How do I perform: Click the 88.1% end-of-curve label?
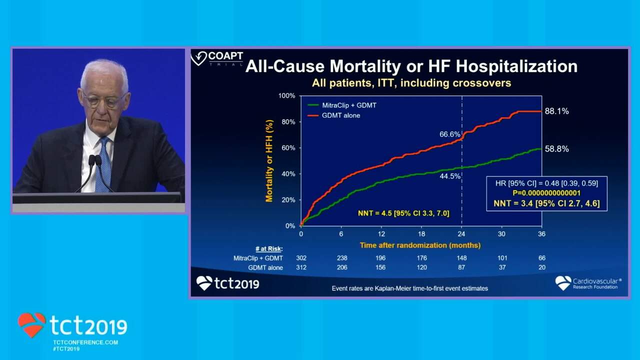(x=556, y=111)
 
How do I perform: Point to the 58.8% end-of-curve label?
(x=556, y=149)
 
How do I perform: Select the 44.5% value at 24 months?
(x=450, y=176)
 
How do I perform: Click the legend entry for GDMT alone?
(x=340, y=115)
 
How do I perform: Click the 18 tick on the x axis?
(x=421, y=234)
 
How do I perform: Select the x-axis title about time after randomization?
(x=420, y=245)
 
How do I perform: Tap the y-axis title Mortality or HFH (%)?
(x=269, y=160)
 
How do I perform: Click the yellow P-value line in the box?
(x=546, y=193)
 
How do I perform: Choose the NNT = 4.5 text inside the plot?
(x=403, y=213)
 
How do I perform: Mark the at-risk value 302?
(x=301, y=258)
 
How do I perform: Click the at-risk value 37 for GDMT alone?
(x=502, y=267)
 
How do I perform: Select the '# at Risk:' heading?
(x=268, y=248)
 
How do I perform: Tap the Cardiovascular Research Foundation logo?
(x=588, y=283)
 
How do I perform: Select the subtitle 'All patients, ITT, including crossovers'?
(x=411, y=83)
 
